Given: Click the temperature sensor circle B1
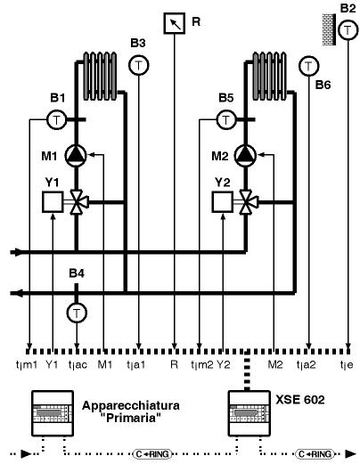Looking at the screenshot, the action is coord(56,120).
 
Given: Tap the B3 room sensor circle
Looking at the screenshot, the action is coord(139,65).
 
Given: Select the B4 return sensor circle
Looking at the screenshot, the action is coord(77,313).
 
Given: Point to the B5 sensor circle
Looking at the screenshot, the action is coord(226,120).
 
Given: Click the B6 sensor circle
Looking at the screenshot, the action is coord(308,66).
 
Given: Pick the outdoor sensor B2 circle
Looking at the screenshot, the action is coord(348,29).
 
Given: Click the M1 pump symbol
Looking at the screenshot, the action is coord(76,155).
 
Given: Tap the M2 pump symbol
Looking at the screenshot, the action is coord(245,155).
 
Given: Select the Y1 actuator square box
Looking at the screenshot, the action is coord(53,202).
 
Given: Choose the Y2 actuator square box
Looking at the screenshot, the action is coord(223,202).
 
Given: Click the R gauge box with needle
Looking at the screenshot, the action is coord(175,23).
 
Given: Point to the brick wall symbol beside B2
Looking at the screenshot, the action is coord(330,29).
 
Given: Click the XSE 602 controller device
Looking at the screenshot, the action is coord(249,413).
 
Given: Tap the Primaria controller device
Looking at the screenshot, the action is coord(53,413).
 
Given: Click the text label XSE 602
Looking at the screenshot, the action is coord(300,400).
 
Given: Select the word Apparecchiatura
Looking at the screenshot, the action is coord(131,405).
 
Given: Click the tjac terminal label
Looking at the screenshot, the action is coord(78,364).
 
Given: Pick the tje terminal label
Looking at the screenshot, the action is coord(347,364).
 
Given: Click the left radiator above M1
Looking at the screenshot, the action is coord(100,77).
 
